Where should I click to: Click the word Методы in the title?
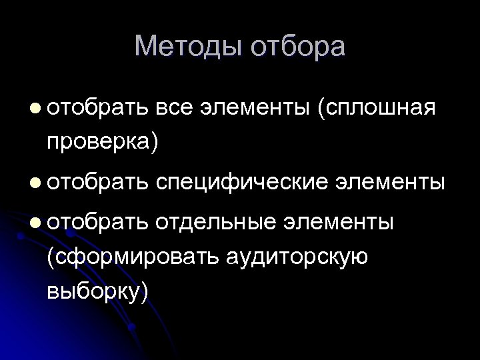coord(188,47)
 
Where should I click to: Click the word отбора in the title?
coord(298,47)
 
